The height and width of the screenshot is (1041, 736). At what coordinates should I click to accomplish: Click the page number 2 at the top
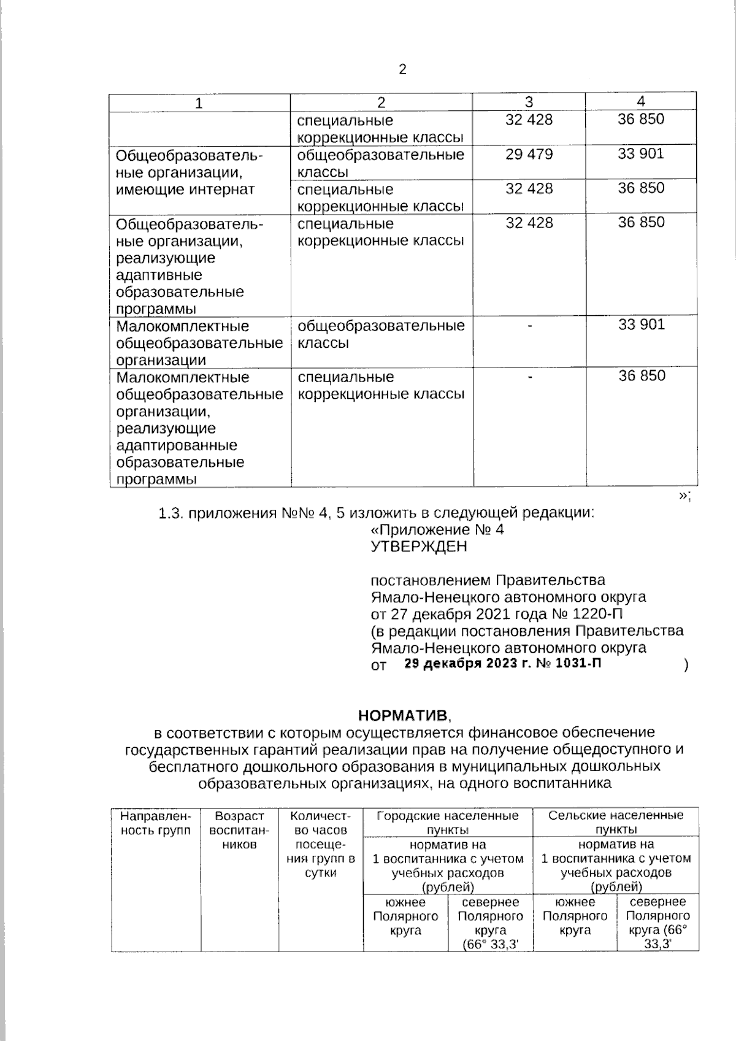pyautogui.click(x=402, y=70)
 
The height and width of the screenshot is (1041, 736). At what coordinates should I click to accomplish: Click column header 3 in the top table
pyautogui.click(x=529, y=102)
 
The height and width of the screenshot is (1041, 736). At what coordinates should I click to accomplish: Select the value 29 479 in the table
pyautogui.click(x=529, y=154)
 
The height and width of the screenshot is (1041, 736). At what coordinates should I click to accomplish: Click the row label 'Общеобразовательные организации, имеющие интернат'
pyautogui.click(x=189, y=172)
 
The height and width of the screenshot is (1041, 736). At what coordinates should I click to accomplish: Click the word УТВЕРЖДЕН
pyautogui.click(x=419, y=546)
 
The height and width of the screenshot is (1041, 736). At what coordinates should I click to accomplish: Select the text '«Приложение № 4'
pyautogui.click(x=437, y=529)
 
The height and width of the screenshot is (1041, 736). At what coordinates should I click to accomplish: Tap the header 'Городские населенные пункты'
pyautogui.click(x=447, y=823)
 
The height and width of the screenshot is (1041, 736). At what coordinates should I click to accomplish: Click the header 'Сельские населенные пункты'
pyautogui.click(x=616, y=823)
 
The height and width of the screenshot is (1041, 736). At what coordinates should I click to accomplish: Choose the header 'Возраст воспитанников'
pyautogui.click(x=239, y=830)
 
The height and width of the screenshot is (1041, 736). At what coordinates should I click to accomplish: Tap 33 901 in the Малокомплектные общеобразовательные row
pyautogui.click(x=641, y=325)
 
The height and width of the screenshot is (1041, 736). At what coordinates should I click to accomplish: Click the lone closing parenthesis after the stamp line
pyautogui.click(x=686, y=665)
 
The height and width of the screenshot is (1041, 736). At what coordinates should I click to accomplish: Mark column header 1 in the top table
pyautogui.click(x=199, y=103)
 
